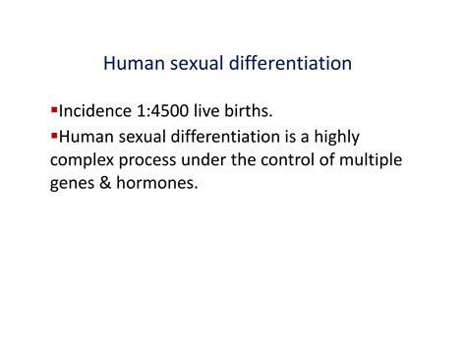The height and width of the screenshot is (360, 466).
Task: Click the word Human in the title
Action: [133, 64]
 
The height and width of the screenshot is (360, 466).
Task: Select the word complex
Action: [83, 160]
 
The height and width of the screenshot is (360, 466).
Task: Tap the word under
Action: [214, 160]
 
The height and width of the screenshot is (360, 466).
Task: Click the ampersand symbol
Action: [110, 184]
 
